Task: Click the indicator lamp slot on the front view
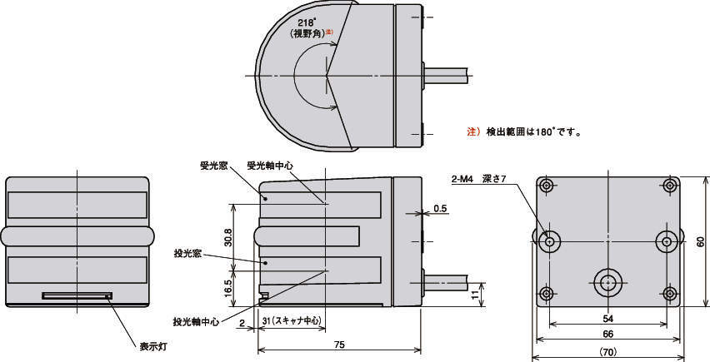(x=77, y=295)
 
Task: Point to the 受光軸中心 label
(x=269, y=165)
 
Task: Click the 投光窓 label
(x=187, y=252)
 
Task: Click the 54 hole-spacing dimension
(x=608, y=320)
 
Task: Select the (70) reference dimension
(x=608, y=352)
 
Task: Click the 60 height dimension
(x=701, y=241)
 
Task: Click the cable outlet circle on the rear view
(x=607, y=283)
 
